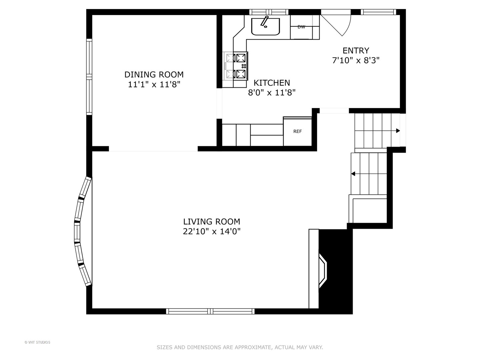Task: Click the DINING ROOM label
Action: coord(154,75)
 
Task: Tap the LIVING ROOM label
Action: coord(211,222)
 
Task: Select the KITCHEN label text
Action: coord(272,83)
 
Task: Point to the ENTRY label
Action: coord(356,51)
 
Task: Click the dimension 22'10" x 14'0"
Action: coord(211,231)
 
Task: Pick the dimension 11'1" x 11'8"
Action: coord(154,84)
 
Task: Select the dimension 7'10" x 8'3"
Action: coord(356,60)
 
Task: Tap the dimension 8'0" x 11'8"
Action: coord(272,92)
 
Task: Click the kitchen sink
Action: coord(265,26)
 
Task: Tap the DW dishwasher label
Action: coord(301,27)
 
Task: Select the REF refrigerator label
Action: coord(297,131)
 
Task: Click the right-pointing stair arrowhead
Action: coord(398,131)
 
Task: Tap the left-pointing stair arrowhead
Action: coord(353,174)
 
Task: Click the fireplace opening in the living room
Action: coord(323,271)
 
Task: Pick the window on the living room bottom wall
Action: coord(210,311)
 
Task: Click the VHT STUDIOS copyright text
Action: coord(37,342)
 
